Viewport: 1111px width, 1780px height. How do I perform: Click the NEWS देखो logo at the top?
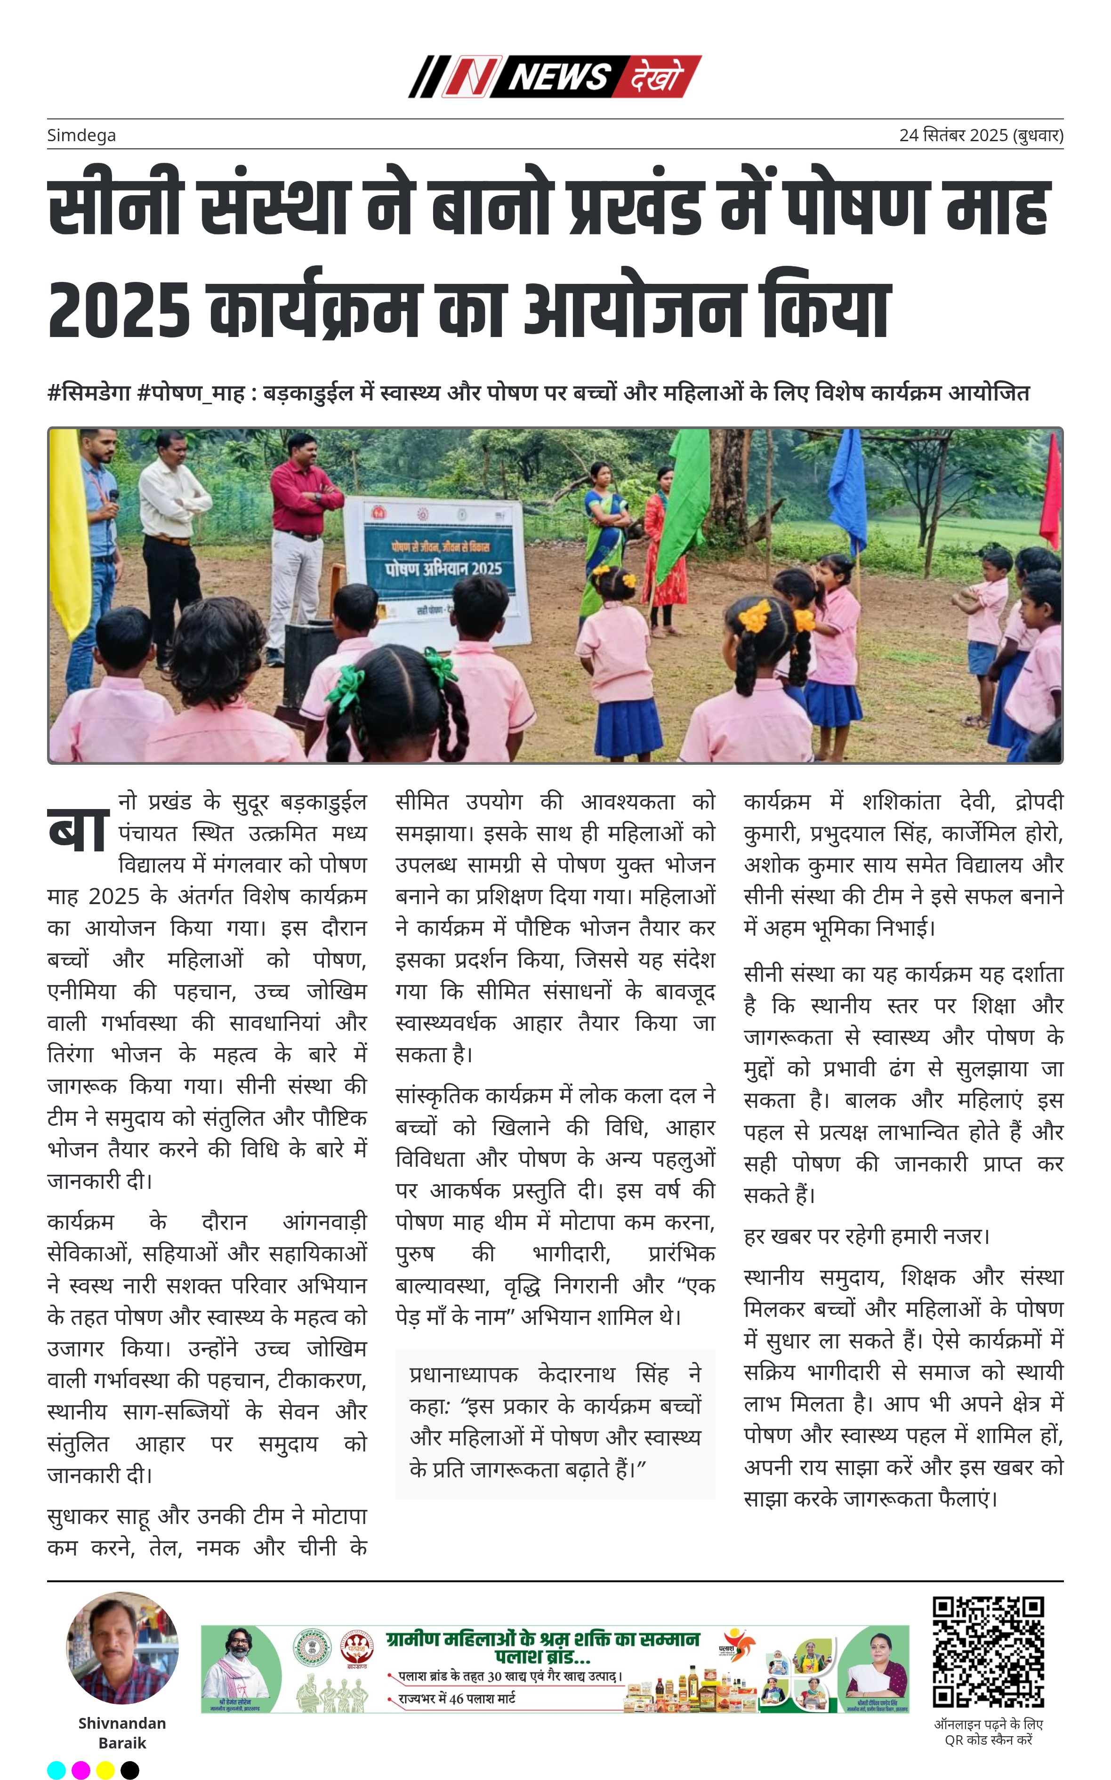point(555,76)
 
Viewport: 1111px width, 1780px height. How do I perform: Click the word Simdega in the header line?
point(81,135)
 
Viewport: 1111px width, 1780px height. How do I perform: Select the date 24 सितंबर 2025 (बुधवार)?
point(981,135)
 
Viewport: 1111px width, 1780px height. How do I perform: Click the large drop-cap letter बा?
point(79,830)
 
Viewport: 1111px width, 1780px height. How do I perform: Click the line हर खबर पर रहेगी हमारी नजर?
point(867,1236)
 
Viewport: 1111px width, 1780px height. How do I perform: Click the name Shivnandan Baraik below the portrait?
point(123,1732)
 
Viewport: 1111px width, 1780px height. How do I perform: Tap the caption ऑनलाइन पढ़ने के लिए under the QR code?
point(988,1724)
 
